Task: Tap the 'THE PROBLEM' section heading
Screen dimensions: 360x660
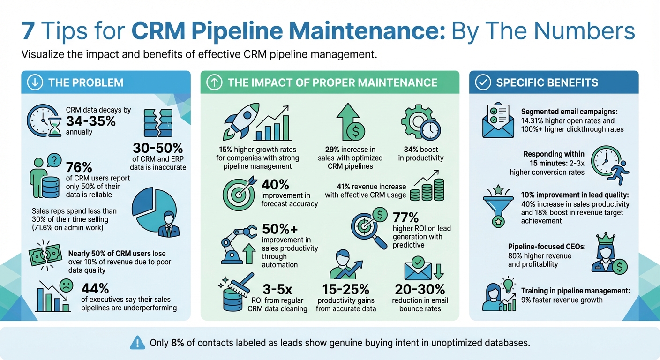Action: tap(86, 83)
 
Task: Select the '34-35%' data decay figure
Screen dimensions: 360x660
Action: tap(91, 121)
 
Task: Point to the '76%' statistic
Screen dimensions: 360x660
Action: tap(80, 168)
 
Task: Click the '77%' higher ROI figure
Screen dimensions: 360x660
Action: tap(405, 217)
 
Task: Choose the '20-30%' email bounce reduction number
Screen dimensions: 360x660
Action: tap(420, 288)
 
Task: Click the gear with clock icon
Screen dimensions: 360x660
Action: tap(420, 123)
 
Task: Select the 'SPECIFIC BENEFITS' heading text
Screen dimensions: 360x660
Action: tap(547, 83)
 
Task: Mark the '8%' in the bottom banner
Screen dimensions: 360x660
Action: tap(178, 343)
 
